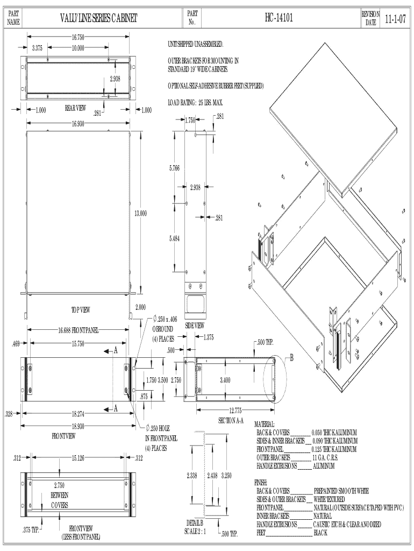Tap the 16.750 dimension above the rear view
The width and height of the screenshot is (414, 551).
click(x=78, y=37)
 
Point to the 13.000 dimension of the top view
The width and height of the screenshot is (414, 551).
click(x=140, y=214)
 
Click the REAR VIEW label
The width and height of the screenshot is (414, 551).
click(x=75, y=108)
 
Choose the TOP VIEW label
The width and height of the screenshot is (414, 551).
click(x=80, y=309)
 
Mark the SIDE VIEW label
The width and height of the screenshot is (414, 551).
click(x=194, y=326)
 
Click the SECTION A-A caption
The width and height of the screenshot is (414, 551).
click(x=232, y=420)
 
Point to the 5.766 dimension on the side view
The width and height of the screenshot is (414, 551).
click(x=174, y=168)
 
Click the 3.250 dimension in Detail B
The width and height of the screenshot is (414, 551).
click(x=226, y=476)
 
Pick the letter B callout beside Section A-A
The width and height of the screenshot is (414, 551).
click(x=291, y=360)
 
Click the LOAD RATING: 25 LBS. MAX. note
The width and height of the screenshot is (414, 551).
click(x=195, y=102)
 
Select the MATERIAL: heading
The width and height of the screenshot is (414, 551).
click(x=264, y=425)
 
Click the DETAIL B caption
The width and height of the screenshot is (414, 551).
click(x=195, y=523)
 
